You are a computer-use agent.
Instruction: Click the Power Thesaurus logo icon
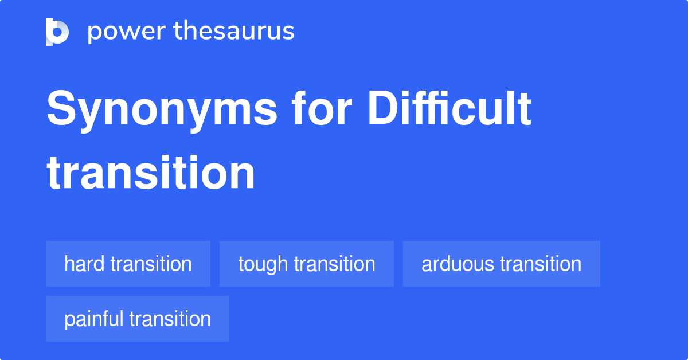pyautogui.click(x=57, y=32)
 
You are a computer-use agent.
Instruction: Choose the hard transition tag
pyautogui.click(x=128, y=264)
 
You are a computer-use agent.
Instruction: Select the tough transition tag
pyautogui.click(x=306, y=264)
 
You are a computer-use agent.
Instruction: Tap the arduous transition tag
pyautogui.click(x=501, y=264)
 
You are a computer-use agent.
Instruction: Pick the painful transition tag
pyautogui.click(x=137, y=319)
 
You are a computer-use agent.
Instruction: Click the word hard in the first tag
pyautogui.click(x=84, y=264)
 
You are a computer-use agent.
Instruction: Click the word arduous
pyautogui.click(x=458, y=264)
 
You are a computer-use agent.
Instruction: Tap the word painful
pyautogui.click(x=94, y=319)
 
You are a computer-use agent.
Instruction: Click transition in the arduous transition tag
pyautogui.click(x=541, y=264)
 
